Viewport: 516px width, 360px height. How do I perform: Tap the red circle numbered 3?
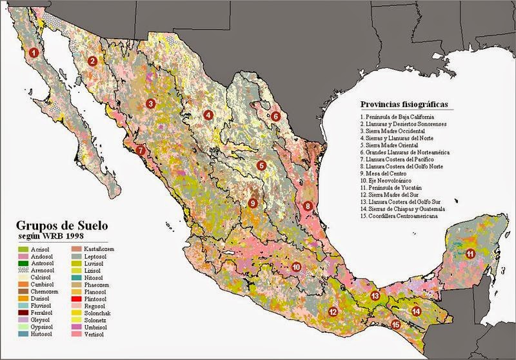[x=150, y=103]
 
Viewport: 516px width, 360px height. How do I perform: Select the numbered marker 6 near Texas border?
[x=275, y=117]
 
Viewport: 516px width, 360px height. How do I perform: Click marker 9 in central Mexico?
[x=253, y=203]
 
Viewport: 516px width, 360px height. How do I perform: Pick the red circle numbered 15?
[x=396, y=326]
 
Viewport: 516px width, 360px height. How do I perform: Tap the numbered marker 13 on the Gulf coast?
[x=375, y=296]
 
